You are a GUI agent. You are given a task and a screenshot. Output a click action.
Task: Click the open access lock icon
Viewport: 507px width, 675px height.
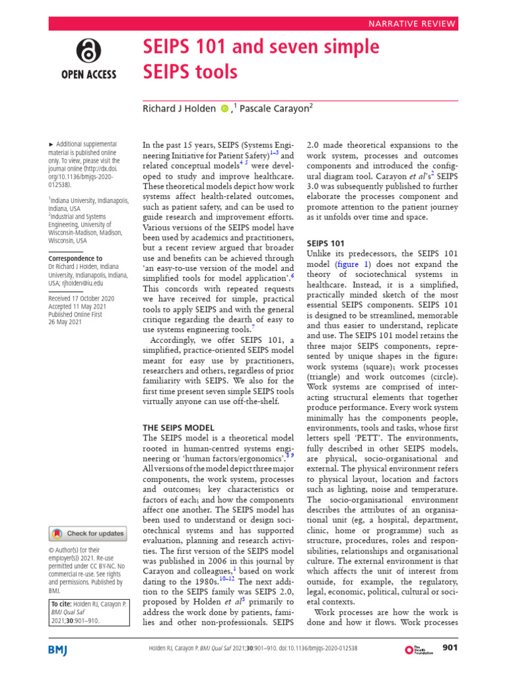pyautogui.click(x=89, y=51)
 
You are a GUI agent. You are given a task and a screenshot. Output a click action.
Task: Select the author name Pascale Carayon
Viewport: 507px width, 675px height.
pyautogui.click(x=273, y=109)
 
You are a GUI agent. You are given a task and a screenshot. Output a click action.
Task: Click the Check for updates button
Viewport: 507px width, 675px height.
pyautogui.click(x=88, y=533)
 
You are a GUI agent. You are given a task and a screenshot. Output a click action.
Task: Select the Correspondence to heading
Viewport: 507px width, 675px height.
pyautogui.click(x=75, y=258)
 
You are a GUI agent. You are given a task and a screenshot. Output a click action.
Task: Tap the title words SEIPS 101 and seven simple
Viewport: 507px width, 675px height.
pyautogui.click(x=261, y=47)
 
